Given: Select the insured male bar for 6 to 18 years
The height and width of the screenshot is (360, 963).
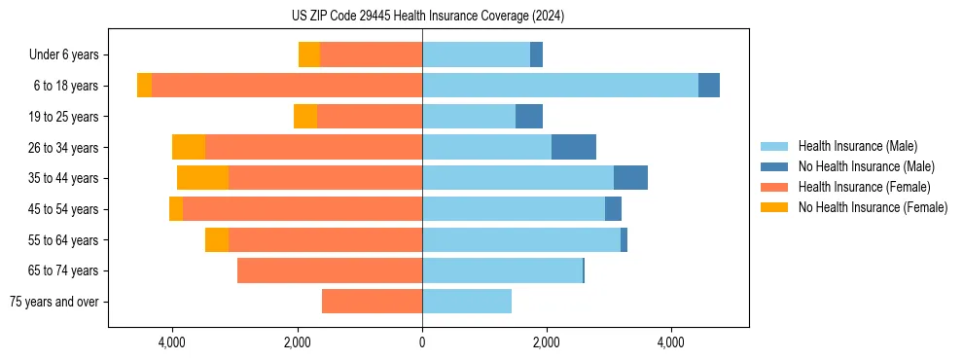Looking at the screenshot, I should coord(560,86).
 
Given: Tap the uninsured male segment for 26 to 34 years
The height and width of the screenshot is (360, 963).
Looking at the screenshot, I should coord(574,147).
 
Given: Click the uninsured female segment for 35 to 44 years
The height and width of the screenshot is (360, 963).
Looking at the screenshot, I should coord(202,178).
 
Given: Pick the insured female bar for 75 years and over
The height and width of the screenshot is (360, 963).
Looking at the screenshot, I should coord(372,302).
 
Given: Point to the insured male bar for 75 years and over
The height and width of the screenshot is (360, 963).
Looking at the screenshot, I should coord(467,302).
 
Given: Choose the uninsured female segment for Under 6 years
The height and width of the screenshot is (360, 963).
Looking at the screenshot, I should coord(309,54).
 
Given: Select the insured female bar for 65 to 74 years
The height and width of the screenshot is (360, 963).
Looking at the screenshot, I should coord(330,270).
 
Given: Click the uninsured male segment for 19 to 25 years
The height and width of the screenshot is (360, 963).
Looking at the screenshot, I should coord(529,117).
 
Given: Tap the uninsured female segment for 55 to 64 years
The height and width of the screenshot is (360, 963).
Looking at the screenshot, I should coord(217,239).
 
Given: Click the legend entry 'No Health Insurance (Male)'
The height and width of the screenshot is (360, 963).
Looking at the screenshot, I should coord(866,166).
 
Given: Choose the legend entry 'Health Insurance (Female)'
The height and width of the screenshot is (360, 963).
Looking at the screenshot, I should coord(865,187).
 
